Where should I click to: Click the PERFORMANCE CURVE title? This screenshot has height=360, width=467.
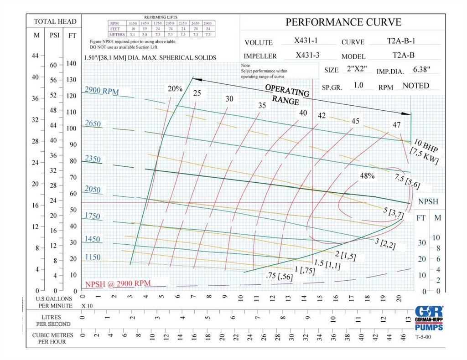coord(343,22)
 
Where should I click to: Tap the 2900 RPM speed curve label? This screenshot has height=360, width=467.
coord(101,92)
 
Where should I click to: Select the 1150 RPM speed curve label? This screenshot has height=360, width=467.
coord(93,257)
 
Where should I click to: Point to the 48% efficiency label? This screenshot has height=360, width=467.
coord(367,176)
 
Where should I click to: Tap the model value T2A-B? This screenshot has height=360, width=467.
coord(403,56)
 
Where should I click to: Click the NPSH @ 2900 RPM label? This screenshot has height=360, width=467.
coord(118,283)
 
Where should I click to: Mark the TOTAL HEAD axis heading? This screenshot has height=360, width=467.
coord(55,21)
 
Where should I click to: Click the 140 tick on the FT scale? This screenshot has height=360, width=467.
coord(71,63)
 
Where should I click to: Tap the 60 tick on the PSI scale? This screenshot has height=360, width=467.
coord(53,65)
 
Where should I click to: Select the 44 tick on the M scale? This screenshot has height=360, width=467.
coord(36,56)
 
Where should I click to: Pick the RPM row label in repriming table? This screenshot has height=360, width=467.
coord(114,23)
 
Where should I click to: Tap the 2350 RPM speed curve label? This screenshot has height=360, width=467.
coord(93,159)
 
